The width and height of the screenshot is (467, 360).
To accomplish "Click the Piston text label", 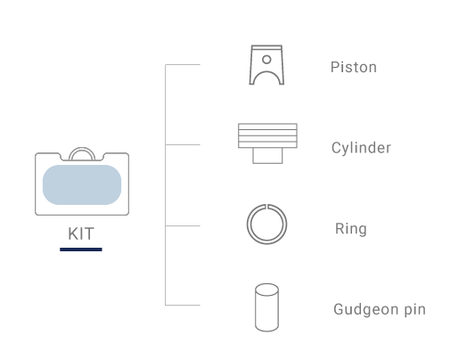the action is [354, 68].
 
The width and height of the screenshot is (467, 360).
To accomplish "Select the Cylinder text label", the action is [361, 148].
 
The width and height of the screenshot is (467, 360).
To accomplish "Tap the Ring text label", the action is [351, 229].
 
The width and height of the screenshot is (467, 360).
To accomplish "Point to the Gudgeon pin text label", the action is [380, 309].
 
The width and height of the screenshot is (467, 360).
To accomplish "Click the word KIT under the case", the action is [81, 233].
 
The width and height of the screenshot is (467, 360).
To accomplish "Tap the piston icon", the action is [266, 65].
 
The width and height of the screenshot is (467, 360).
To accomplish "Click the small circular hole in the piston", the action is [266, 60].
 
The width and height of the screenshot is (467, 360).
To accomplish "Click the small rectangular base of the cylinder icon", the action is [267, 155].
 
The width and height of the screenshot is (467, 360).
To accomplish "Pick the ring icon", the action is [247, 225].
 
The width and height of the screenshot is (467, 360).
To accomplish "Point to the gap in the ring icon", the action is [266, 206].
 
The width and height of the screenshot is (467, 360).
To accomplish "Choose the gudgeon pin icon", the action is [266, 307].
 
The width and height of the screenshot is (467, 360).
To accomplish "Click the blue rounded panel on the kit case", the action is [82, 184].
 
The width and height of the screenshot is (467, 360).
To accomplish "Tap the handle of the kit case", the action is [82, 148].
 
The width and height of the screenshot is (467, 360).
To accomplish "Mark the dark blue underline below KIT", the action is [81, 250].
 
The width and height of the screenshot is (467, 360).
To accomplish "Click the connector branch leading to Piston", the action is [183, 64].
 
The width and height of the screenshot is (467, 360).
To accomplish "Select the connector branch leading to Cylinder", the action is [183, 144].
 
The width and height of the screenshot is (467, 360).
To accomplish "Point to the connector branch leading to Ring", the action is [183, 225].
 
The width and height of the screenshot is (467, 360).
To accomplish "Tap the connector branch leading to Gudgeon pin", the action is [183, 305].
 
